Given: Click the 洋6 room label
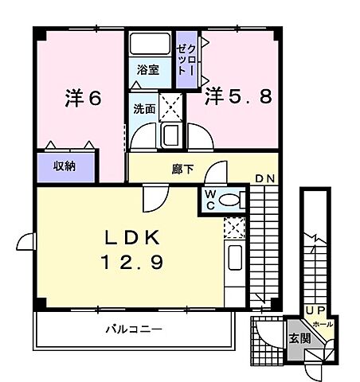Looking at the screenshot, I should pyautogui.click(x=82, y=99).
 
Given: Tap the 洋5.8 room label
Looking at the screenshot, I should pyautogui.click(x=240, y=97).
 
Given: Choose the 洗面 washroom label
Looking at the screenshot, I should pyautogui.click(x=143, y=109).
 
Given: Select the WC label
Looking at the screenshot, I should pyautogui.click(x=208, y=199).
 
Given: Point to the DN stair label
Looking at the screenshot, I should pyautogui.click(x=264, y=179).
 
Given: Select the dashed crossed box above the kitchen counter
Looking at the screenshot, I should pyautogui.click(x=234, y=228).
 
